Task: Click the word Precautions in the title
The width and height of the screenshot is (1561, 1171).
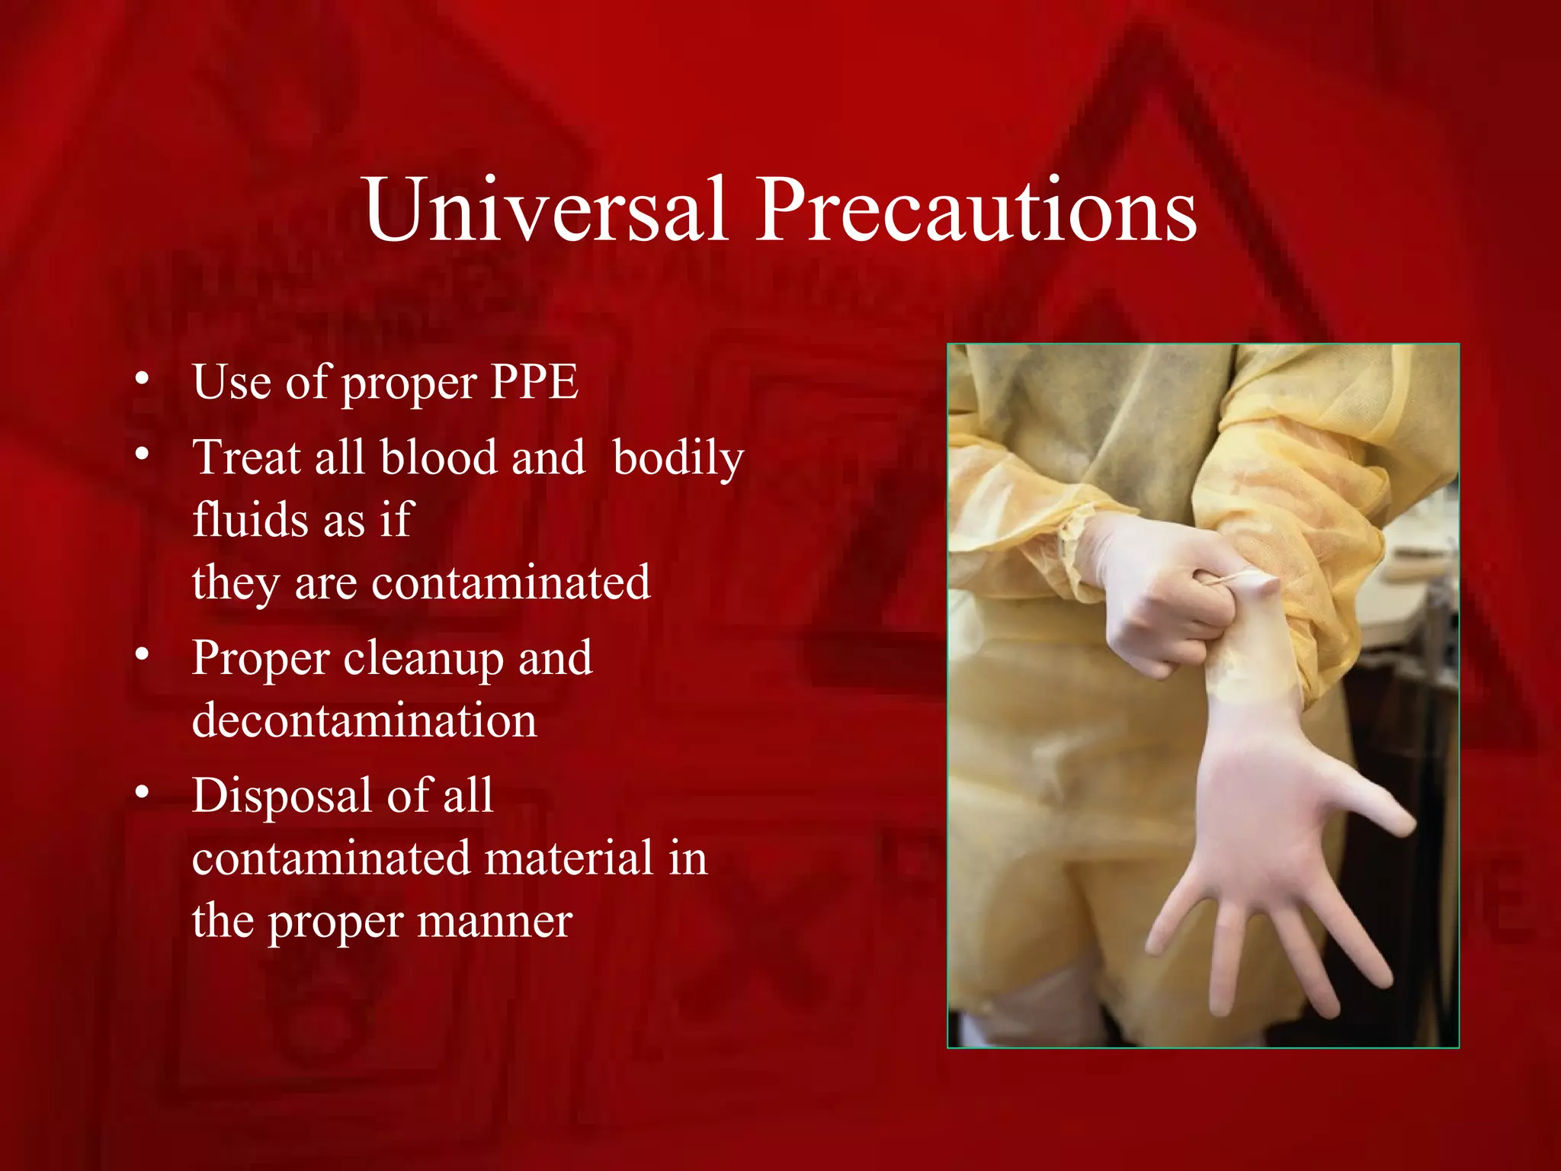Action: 976,209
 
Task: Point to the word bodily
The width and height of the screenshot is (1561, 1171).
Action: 678,459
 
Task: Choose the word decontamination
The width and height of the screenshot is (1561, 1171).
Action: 364,720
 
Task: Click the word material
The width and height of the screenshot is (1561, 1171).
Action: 569,858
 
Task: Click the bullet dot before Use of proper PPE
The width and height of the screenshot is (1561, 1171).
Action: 142,378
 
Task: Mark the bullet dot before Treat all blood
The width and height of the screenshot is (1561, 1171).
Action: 142,454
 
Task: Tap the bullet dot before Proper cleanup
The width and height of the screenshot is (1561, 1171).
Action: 142,655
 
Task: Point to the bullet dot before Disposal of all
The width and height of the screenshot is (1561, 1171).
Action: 142,793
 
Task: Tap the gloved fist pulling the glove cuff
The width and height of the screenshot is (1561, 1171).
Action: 1159,602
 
